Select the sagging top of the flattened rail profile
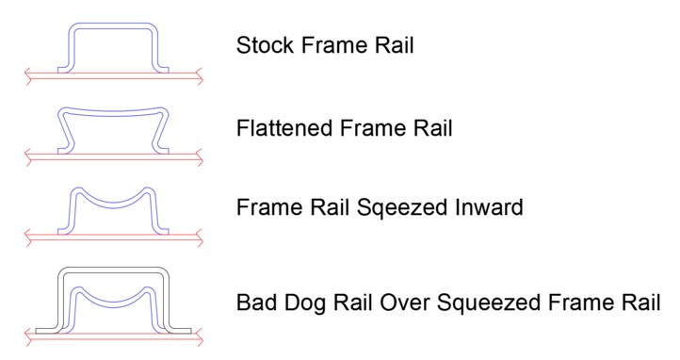(114, 111)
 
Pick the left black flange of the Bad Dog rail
(46, 330)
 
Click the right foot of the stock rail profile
(164, 68)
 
